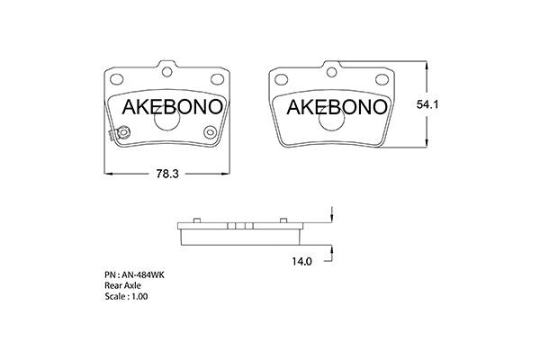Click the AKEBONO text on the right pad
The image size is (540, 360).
pyautogui.click(x=337, y=108)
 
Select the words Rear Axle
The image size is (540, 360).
pyautogui.click(x=123, y=284)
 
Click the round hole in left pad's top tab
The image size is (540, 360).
pyautogui.click(x=167, y=70)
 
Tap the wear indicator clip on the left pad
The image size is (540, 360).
pyautogui.click(x=112, y=137)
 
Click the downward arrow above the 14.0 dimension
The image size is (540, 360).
pyautogui.click(x=332, y=216)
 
